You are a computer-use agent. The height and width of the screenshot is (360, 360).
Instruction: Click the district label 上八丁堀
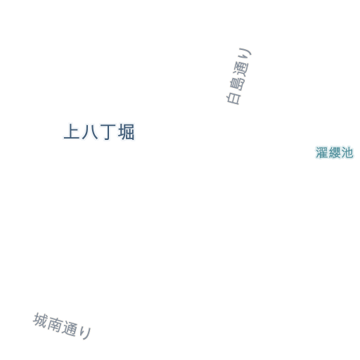99,132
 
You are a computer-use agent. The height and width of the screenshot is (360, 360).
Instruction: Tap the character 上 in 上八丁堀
72,131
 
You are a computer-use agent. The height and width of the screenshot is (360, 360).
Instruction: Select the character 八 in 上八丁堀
90,132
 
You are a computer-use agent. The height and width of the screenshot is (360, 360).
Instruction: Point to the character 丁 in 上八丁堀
108,132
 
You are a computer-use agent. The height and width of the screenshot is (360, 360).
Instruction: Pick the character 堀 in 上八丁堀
127,132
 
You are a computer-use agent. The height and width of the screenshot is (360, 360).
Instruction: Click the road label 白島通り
238,76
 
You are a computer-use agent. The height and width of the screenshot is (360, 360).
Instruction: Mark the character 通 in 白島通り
241,69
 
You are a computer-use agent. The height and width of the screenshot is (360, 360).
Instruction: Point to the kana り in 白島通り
245,54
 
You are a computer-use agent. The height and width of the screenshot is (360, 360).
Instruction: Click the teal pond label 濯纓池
335,153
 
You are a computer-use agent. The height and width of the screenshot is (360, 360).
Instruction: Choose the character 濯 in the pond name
322,153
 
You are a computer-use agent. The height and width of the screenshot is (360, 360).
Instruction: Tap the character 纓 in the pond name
335,153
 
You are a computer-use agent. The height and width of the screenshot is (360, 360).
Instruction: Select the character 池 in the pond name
347,153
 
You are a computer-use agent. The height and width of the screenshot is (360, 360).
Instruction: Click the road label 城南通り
62,326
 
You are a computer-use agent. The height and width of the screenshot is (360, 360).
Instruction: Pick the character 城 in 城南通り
40,321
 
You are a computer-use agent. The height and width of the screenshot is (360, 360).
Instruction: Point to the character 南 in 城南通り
55,324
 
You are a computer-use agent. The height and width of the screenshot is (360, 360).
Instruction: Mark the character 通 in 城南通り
70,328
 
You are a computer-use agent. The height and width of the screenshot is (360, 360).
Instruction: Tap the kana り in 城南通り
84,333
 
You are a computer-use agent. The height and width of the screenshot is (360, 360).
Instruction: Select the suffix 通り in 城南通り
77,330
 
